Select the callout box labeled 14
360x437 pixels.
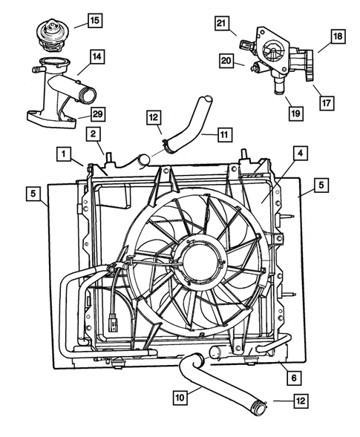click(x=96, y=56)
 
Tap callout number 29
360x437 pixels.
click(x=96, y=114)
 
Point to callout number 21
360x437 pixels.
click(x=220, y=24)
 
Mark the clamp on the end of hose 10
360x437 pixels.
click(x=261, y=407)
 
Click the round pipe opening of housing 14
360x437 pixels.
click(x=87, y=94)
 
